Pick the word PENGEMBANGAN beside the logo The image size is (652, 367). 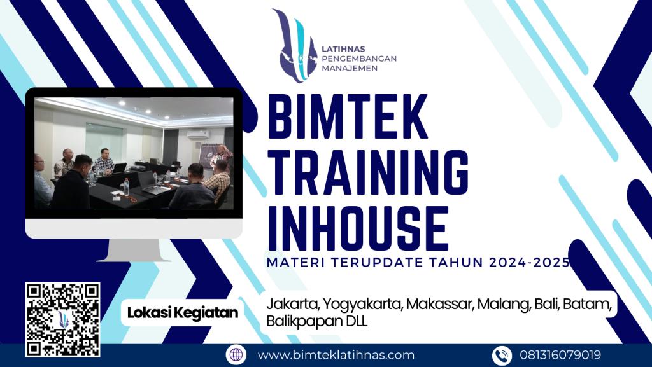click(x=360, y=59)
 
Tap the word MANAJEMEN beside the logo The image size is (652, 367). click(x=350, y=68)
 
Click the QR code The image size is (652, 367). click(x=62, y=319)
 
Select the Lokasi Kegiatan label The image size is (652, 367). click(x=183, y=312)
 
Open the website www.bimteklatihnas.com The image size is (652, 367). click(x=336, y=355)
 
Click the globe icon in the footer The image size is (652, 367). click(x=236, y=355)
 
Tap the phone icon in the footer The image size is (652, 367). click(x=501, y=355)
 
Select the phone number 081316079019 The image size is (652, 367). click(x=560, y=355)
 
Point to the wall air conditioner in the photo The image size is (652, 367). click(x=198, y=134)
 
